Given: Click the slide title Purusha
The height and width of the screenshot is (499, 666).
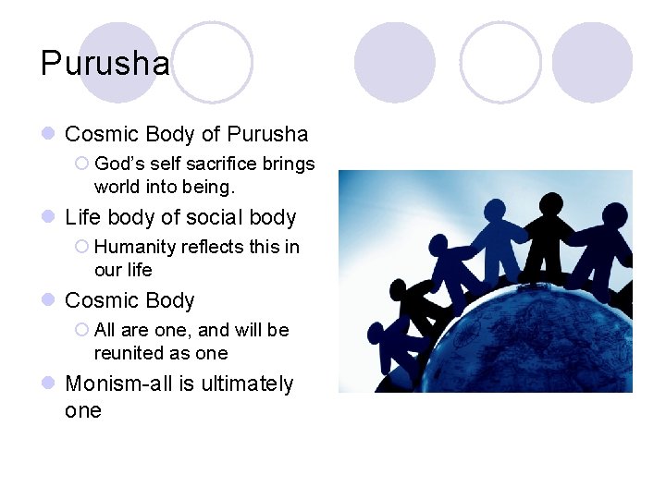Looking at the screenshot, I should pyautogui.click(x=105, y=64).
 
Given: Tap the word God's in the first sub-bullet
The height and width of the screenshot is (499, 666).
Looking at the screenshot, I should pyautogui.click(x=117, y=164).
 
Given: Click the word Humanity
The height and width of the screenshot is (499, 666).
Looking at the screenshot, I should pyautogui.click(x=135, y=247).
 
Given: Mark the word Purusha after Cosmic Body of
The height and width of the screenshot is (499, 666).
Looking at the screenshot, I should pyautogui.click(x=267, y=134).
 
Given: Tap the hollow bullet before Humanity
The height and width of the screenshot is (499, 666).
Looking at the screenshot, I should pyautogui.click(x=81, y=247).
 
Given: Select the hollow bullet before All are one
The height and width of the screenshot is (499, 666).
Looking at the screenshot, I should pyautogui.click(x=81, y=330).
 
